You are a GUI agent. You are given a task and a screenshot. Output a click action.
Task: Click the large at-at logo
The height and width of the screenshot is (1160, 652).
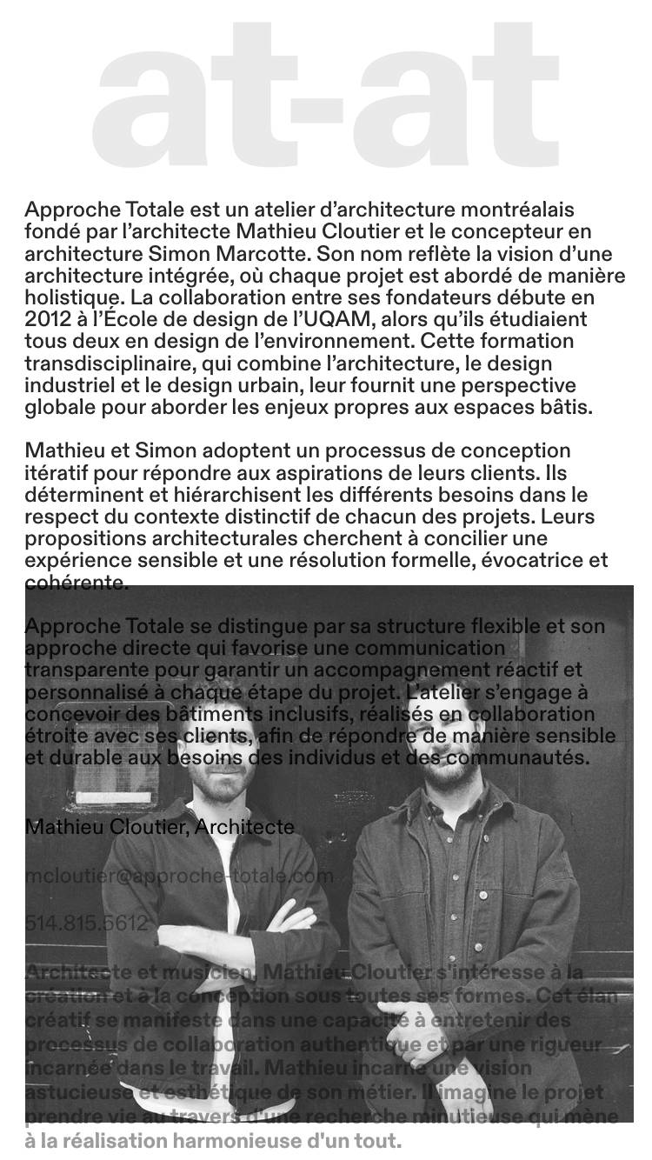point(325,96)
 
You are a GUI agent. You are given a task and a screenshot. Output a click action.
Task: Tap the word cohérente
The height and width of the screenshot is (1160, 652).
point(77,583)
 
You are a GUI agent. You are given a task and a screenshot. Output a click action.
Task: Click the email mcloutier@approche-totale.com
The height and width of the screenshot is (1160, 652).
point(179,876)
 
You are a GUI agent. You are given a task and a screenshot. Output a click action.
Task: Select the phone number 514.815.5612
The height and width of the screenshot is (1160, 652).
point(86,923)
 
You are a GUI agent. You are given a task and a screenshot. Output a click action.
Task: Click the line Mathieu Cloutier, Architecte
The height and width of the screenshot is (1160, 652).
point(159,827)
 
